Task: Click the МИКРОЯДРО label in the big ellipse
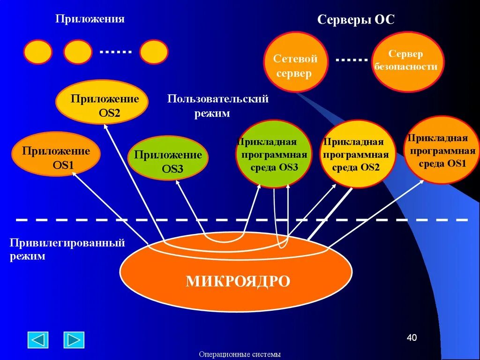(238, 281)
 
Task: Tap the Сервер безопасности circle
(407, 61)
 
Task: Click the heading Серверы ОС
(356, 20)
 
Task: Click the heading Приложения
(90, 19)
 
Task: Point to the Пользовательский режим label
(217, 106)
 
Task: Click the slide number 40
(411, 338)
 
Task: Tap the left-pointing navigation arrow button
(38, 340)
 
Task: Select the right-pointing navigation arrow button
(74, 340)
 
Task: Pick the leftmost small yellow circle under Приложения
(37, 52)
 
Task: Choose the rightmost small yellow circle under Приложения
(154, 52)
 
